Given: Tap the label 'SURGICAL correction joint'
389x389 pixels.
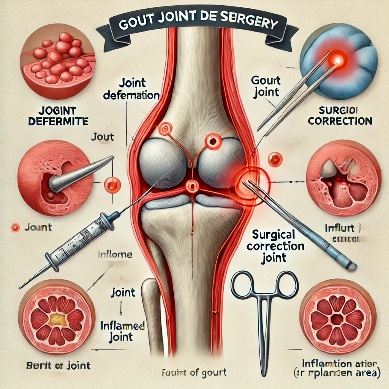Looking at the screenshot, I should (275, 246).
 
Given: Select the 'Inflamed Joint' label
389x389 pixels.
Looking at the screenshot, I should (122, 330).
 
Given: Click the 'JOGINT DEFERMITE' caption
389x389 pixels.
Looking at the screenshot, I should (63, 116).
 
